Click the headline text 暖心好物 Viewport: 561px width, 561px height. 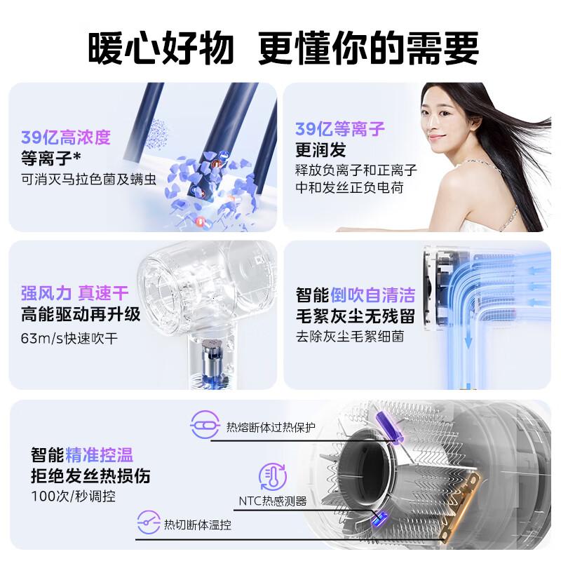pyautogui.click(x=160, y=48)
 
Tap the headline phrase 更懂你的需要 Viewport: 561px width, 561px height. pyautogui.click(x=368, y=48)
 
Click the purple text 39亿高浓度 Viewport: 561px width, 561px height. pyautogui.click(x=65, y=137)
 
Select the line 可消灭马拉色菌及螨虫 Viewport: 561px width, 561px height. pyautogui.click(x=88, y=179)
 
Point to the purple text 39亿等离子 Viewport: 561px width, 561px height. pyautogui.click(x=339, y=129)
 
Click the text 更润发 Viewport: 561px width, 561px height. pyautogui.click(x=320, y=150)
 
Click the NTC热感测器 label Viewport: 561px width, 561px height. pyautogui.click(x=272, y=501)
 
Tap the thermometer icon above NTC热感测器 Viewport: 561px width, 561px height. pyautogui.click(x=273, y=476)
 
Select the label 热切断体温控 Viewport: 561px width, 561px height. pyautogui.click(x=197, y=524)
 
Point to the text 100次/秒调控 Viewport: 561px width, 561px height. pyautogui.click(x=74, y=496)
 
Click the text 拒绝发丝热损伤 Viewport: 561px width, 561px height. pyautogui.click(x=90, y=476)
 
